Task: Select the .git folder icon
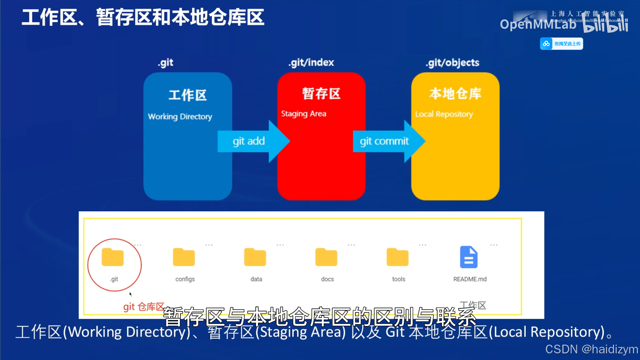113,257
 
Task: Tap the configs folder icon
184,257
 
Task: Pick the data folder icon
255,257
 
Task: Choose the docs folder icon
326,257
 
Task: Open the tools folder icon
397,257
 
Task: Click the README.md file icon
469,257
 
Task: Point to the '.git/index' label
311,63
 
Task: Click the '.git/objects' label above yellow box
452,63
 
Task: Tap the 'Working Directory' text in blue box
180,117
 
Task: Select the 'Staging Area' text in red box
304,114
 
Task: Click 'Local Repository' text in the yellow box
444,114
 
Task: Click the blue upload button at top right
562,44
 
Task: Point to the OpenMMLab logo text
538,24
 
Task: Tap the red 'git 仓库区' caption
144,307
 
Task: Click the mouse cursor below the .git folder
131,294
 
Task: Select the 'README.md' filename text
470,279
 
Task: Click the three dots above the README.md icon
494,245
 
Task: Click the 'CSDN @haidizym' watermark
591,349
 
